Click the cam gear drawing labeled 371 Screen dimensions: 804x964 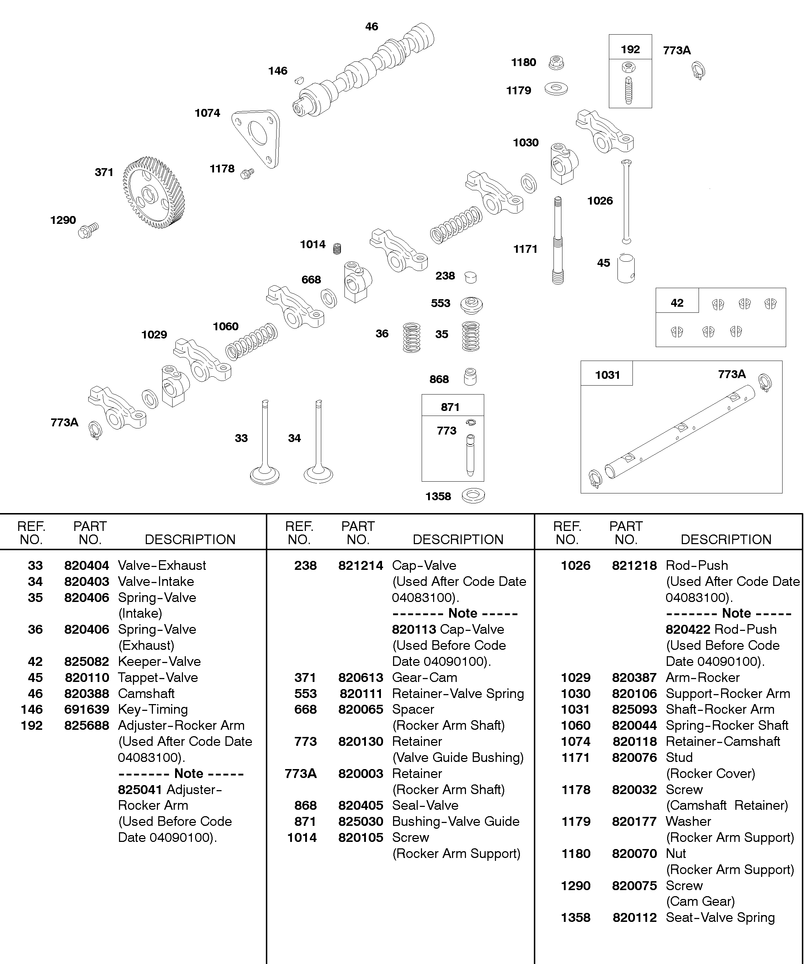pyautogui.click(x=154, y=193)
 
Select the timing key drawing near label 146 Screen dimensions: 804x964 pyautogui.click(x=299, y=80)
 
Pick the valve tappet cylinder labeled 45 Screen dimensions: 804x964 pyautogui.click(x=626, y=268)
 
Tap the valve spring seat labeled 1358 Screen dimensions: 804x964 pyautogui.click(x=473, y=496)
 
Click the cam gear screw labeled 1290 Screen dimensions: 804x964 pyautogui.click(x=89, y=230)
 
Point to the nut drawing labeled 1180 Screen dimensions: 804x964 pyautogui.click(x=557, y=62)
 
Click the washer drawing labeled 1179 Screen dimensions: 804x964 pyautogui.click(x=556, y=88)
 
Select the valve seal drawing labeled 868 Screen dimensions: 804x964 pyautogui.click(x=470, y=377)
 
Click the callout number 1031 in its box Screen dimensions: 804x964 pyautogui.click(x=607, y=375)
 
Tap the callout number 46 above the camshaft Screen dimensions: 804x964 pyautogui.click(x=372, y=27)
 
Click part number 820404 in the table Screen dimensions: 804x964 pyautogui.click(x=87, y=566)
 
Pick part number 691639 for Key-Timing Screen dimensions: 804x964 pyautogui.click(x=87, y=710)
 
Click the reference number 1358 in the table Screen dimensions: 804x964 pyautogui.click(x=576, y=918)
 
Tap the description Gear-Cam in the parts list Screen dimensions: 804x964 pyautogui.click(x=425, y=678)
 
